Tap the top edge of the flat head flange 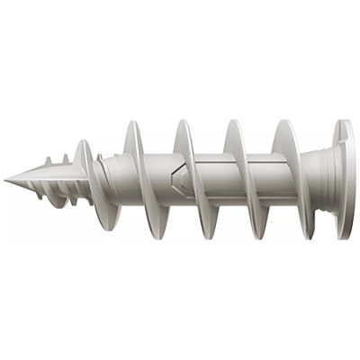(343, 121)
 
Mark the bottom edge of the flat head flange (343, 241)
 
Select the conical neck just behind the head (316, 179)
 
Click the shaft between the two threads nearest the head (263, 181)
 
